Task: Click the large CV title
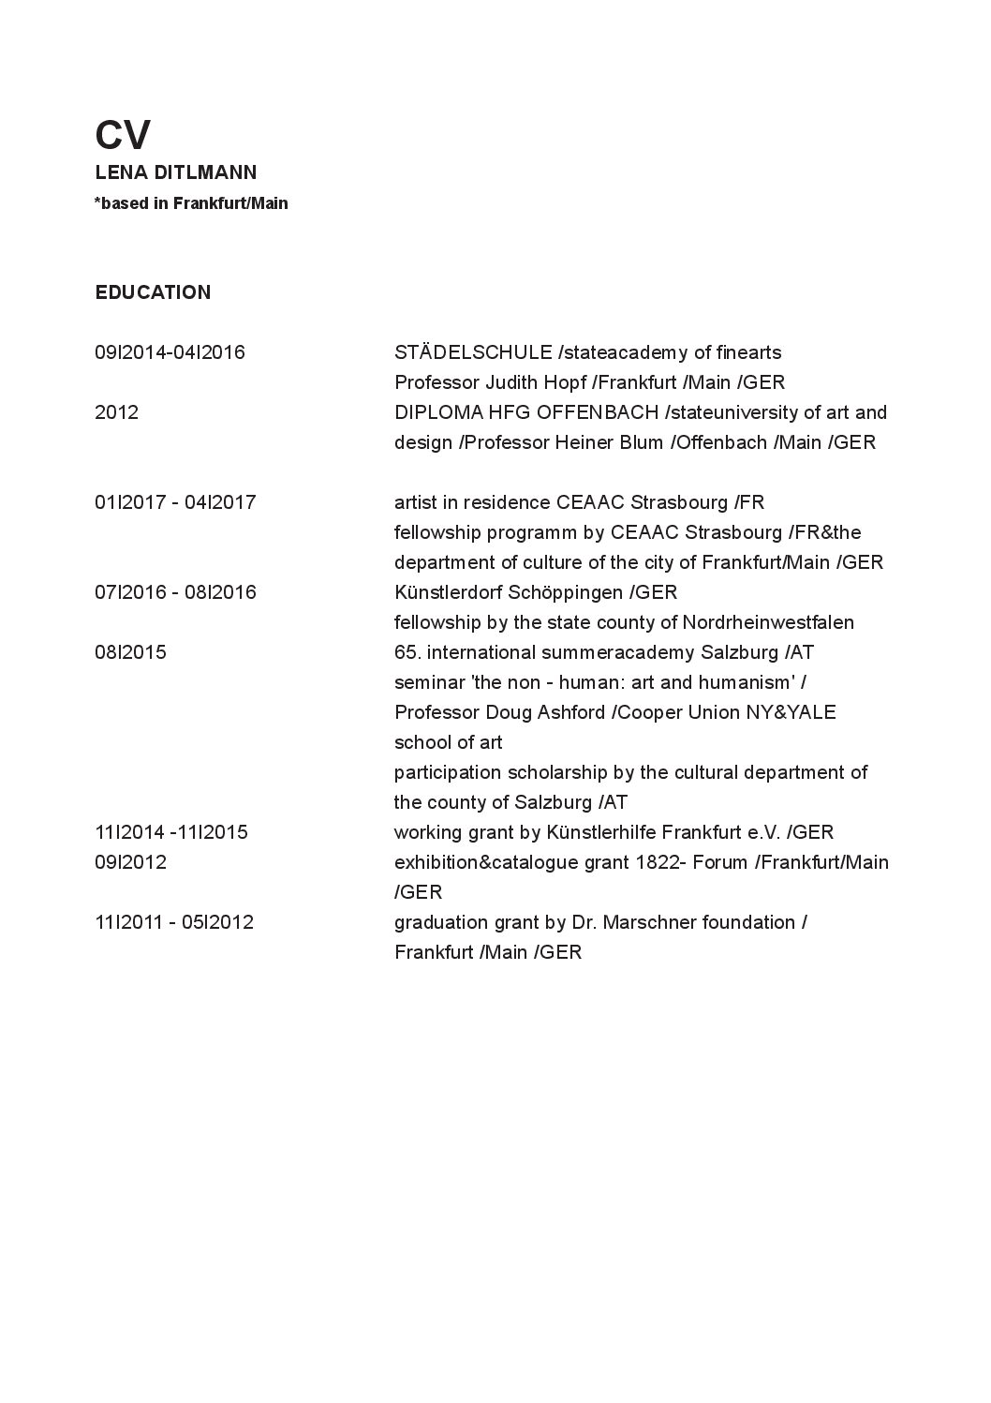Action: pos(123,136)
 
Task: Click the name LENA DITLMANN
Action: pos(176,172)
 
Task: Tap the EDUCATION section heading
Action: pos(153,292)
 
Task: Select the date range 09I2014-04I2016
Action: pos(170,352)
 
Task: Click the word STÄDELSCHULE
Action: pos(473,352)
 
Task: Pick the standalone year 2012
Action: pos(116,412)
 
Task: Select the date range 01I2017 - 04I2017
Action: pos(175,502)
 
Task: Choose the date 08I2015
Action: pos(130,652)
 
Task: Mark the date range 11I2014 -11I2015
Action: pos(171,832)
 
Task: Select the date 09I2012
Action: pos(130,862)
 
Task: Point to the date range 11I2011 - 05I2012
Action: pos(174,922)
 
